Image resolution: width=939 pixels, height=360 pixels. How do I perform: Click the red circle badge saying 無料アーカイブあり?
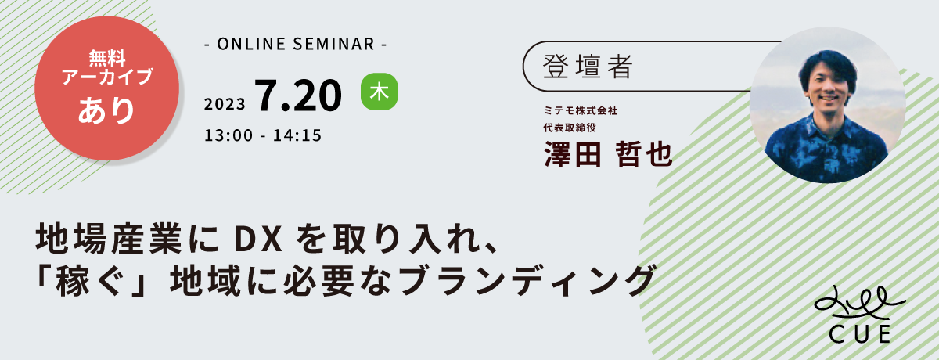[x=107, y=88]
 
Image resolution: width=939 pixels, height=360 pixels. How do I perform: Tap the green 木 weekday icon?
[x=380, y=92]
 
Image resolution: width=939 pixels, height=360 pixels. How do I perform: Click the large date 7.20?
[x=298, y=96]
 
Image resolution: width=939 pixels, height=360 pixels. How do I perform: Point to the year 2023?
[x=225, y=104]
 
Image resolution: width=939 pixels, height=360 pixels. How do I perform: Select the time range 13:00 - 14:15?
[x=263, y=135]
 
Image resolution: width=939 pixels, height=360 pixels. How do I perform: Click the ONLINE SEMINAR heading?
[x=296, y=44]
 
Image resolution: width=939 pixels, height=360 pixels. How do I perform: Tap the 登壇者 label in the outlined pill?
[x=588, y=67]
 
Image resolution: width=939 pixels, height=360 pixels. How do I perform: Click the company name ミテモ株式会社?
[x=580, y=110]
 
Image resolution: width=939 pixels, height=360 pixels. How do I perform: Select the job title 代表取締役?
[x=570, y=128]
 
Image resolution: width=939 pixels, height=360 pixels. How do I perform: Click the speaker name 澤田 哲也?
[x=608, y=154]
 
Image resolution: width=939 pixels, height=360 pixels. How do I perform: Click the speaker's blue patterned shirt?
[x=826, y=149]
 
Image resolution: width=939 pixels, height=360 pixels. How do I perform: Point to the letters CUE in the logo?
[x=860, y=334]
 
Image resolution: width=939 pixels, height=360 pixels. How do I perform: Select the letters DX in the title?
[x=257, y=240]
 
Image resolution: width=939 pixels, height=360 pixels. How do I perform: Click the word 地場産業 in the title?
[x=110, y=239]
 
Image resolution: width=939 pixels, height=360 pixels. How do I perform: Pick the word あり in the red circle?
[x=106, y=110]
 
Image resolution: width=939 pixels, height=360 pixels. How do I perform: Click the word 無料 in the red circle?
[x=107, y=57]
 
